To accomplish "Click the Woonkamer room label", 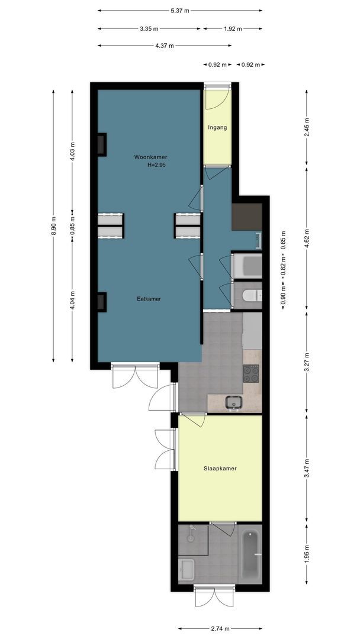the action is [x=151, y=157].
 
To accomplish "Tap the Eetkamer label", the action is [x=149, y=299].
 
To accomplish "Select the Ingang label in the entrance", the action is [x=217, y=127].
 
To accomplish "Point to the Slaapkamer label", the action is [x=220, y=468].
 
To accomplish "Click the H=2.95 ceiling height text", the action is [x=156, y=165].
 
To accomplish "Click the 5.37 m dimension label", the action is [x=180, y=11].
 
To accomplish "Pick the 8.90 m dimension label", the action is [x=53, y=225].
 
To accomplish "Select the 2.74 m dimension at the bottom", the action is [x=220, y=628].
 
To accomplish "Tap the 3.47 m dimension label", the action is [x=307, y=469].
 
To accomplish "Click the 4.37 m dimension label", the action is [x=164, y=46].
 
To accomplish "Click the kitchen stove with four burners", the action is [x=251, y=373].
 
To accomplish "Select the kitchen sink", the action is [x=234, y=402].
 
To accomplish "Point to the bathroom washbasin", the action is [x=187, y=569].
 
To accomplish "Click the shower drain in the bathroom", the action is [x=191, y=538].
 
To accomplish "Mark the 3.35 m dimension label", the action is [x=149, y=28].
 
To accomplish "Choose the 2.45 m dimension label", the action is [x=307, y=127].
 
